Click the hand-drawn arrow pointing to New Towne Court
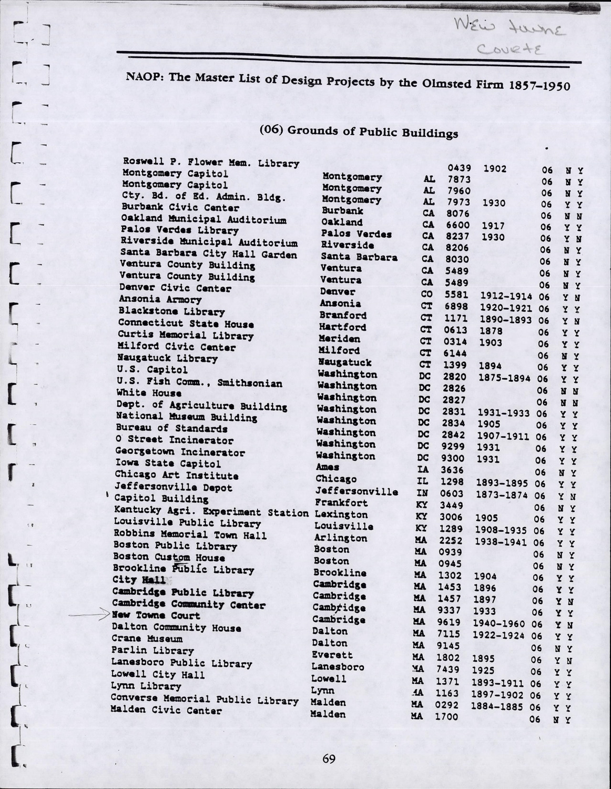(x=89, y=614)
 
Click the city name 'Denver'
(x=338, y=291)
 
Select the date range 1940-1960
(x=499, y=624)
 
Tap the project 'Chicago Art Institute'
(x=176, y=476)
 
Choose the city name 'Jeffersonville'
(x=357, y=491)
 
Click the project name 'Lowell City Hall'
(x=157, y=674)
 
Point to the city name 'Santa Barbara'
(x=359, y=257)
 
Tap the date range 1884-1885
(x=496, y=707)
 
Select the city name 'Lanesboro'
(x=338, y=667)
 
